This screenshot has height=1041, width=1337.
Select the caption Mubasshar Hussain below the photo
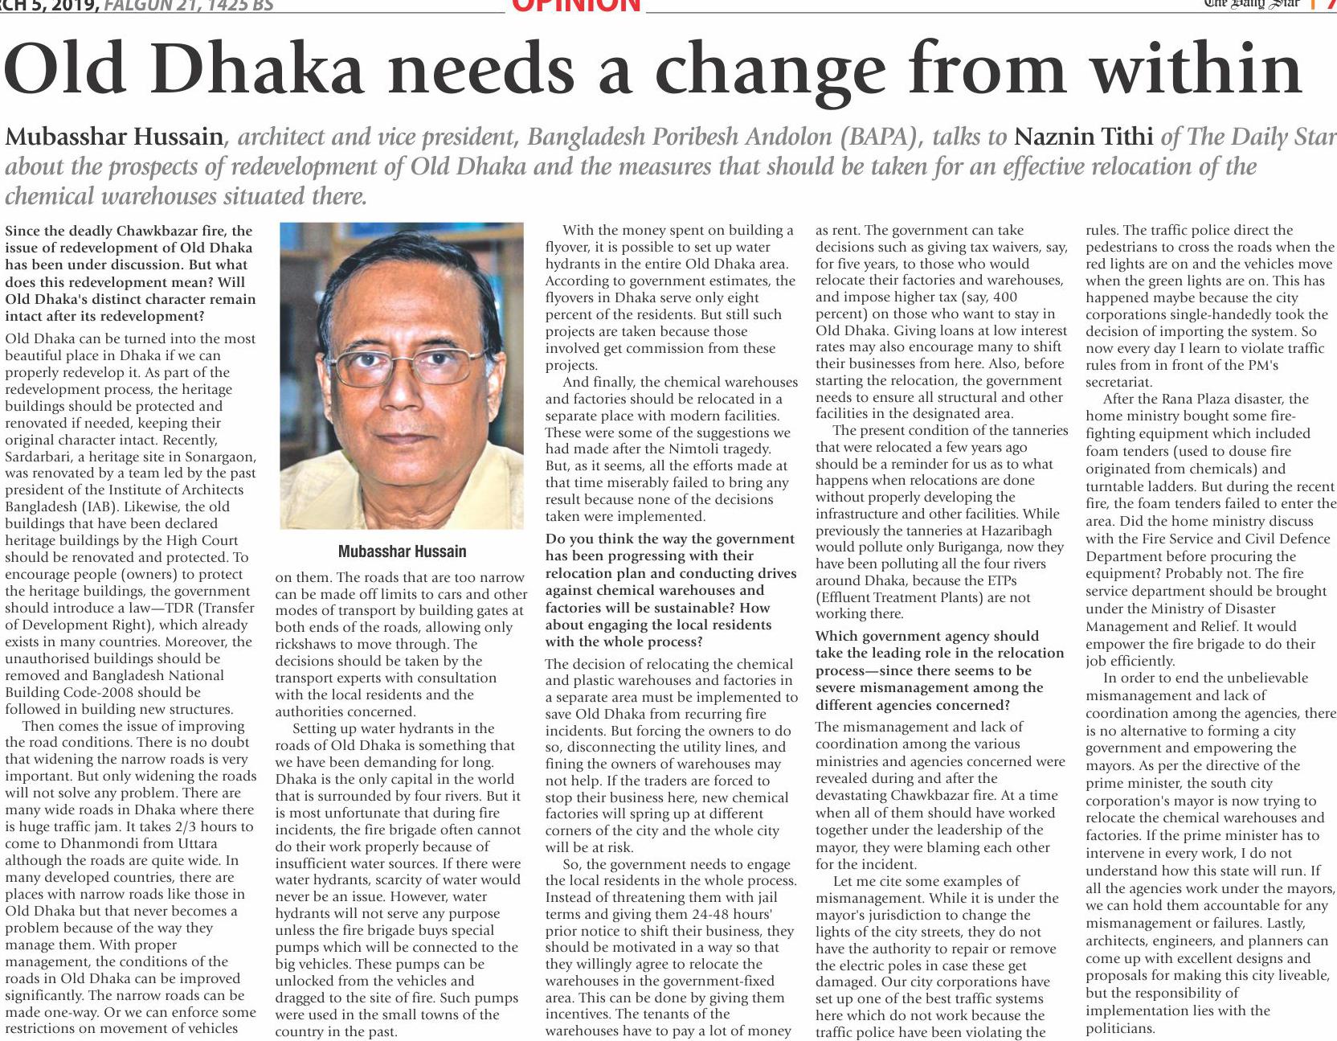click(x=402, y=551)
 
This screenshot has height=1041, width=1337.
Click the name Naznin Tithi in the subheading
click(x=1084, y=137)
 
